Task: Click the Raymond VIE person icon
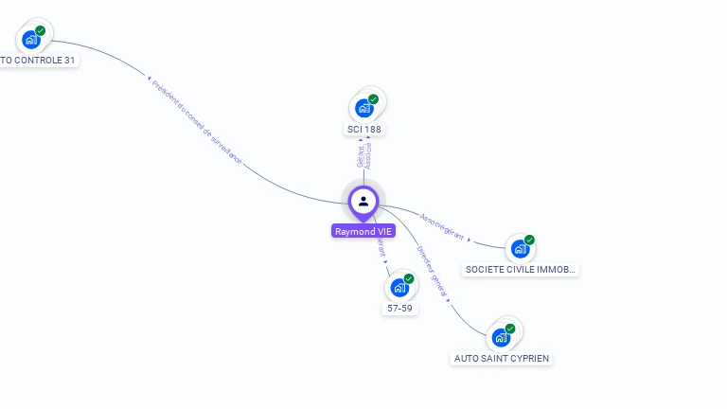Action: tap(363, 201)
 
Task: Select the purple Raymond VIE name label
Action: tap(363, 231)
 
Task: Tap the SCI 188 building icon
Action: tap(363, 108)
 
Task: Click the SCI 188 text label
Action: tap(364, 129)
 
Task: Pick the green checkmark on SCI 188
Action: tap(373, 99)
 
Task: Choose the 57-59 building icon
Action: tap(399, 287)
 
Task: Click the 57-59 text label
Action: tap(399, 308)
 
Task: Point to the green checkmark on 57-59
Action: tap(409, 278)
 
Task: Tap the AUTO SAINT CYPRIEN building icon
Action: tap(501, 337)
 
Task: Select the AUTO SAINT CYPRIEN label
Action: tap(501, 358)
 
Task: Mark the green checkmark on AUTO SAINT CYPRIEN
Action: tap(510, 329)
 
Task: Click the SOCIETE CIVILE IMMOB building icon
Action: tap(519, 249)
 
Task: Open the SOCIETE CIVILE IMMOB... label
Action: tap(521, 269)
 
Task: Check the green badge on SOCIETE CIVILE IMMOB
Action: tap(529, 240)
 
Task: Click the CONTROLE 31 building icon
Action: tap(30, 39)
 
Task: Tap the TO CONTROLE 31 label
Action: tap(38, 60)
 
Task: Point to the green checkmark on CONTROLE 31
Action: tap(41, 30)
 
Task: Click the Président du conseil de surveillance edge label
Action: tap(197, 122)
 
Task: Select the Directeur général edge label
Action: tap(432, 272)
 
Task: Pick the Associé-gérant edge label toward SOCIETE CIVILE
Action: tap(443, 225)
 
